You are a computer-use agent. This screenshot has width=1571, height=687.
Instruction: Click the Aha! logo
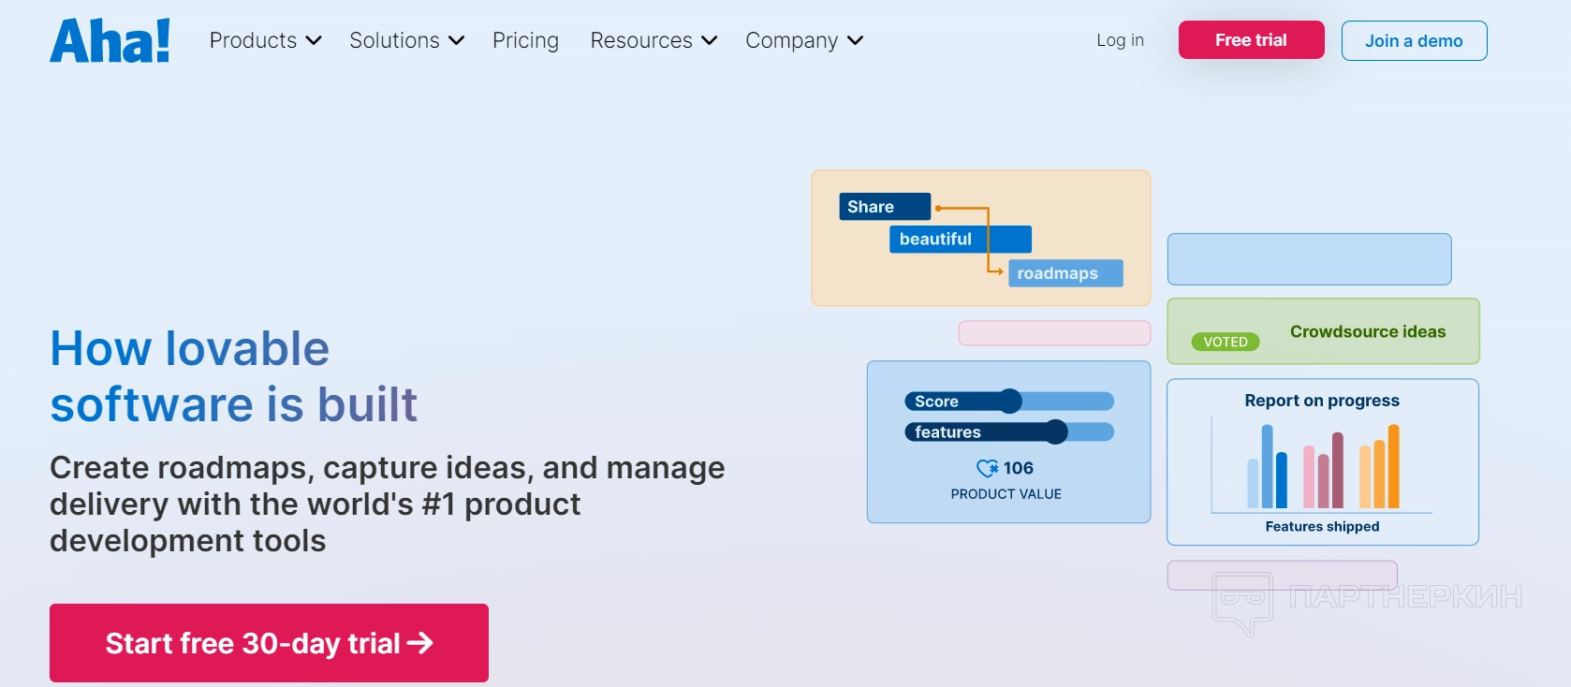pos(110,40)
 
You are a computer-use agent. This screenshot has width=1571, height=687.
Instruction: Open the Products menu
pos(266,40)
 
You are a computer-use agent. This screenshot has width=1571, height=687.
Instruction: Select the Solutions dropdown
pos(406,40)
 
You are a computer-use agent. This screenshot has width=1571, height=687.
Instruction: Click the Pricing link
pos(525,40)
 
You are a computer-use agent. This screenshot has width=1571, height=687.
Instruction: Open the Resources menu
pos(653,40)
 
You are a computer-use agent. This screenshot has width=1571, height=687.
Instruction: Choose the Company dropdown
pos(804,40)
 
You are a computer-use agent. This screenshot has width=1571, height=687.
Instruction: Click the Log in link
pos(1120,40)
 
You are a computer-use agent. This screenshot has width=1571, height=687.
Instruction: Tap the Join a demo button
pos(1414,40)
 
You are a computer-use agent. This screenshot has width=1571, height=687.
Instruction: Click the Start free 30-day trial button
pos(269,643)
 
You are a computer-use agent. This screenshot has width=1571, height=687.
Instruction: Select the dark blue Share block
pos(885,207)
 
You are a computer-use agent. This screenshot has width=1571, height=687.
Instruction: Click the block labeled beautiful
pos(961,239)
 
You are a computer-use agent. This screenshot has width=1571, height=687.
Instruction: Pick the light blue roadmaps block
pos(1065,273)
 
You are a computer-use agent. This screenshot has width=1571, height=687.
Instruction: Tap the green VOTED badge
pos(1226,343)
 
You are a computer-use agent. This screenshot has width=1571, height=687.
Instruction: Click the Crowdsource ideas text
pos(1368,331)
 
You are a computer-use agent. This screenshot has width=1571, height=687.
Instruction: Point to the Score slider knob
pos(1009,401)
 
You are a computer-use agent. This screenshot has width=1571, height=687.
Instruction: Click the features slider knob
pos(1055,431)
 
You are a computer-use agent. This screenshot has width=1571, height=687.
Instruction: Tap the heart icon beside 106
pos(988,468)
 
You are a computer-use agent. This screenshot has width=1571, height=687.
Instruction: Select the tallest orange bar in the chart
pos(1393,466)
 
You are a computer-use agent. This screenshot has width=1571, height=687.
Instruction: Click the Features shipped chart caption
pos(1322,526)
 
